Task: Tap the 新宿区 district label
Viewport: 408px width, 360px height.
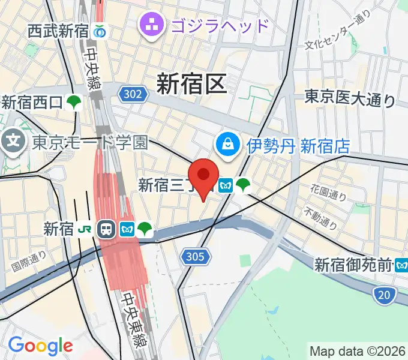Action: (192, 83)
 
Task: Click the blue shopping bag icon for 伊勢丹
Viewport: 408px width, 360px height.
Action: (229, 144)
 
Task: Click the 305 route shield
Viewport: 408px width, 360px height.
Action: (194, 257)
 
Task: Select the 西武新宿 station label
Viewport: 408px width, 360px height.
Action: (58, 31)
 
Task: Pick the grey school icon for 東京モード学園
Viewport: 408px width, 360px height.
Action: (11, 142)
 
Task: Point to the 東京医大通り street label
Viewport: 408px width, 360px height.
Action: (350, 97)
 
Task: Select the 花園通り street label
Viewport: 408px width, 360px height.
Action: (329, 193)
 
